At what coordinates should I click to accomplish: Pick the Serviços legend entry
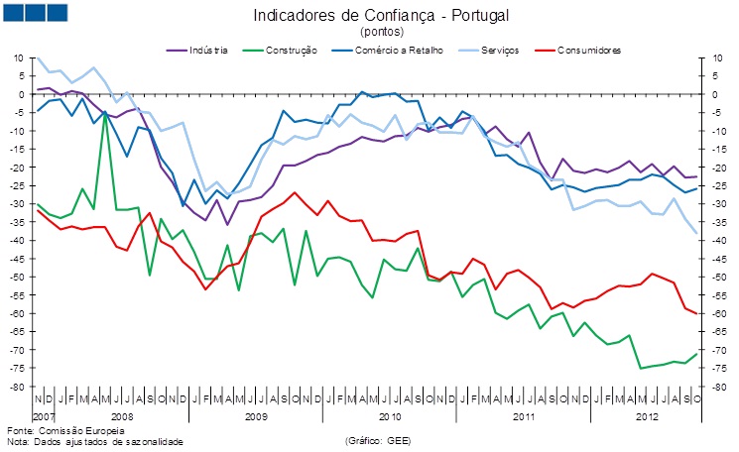(x=496, y=50)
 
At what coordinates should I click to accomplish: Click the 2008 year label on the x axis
(x=122, y=417)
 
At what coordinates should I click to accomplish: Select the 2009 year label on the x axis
(x=256, y=417)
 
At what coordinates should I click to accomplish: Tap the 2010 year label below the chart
(x=389, y=417)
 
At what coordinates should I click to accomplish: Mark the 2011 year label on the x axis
(x=523, y=417)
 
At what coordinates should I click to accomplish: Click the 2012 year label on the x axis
(x=646, y=417)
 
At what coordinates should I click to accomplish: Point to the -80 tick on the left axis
(x=18, y=387)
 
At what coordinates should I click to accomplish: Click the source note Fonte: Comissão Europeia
(x=65, y=431)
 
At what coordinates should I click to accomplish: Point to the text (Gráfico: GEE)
(x=377, y=441)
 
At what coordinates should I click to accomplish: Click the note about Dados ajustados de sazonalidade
(x=95, y=441)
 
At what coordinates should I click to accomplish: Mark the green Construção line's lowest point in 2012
(x=640, y=368)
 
